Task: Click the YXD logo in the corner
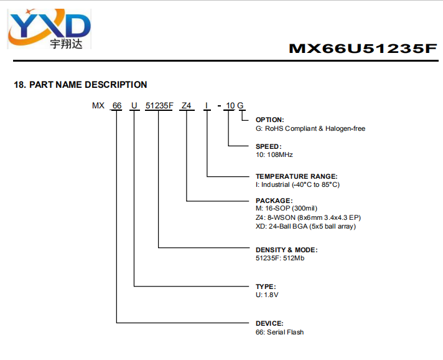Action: pos(49,29)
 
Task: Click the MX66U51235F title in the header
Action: pos(363,49)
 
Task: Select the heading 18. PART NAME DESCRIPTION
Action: pos(80,85)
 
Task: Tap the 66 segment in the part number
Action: pos(117,105)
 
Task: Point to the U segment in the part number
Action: pos(134,105)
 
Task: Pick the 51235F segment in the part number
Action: pos(159,105)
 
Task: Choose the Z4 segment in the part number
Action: pos(187,105)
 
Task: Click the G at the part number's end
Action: pos(240,105)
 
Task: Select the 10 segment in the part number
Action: pos(230,105)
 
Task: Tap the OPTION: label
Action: pos(270,120)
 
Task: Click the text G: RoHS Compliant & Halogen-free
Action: pos(310,129)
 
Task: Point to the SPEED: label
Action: pos(269,146)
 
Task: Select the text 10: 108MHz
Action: pos(274,154)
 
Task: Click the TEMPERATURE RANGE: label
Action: pos(297,176)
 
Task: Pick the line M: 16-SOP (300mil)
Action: pos(286,209)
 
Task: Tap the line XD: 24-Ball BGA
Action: pos(305,226)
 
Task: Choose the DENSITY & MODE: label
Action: pos(287,250)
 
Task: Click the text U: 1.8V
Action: pos(267,295)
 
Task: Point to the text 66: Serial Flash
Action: pos(280,332)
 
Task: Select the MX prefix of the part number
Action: pos(98,105)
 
